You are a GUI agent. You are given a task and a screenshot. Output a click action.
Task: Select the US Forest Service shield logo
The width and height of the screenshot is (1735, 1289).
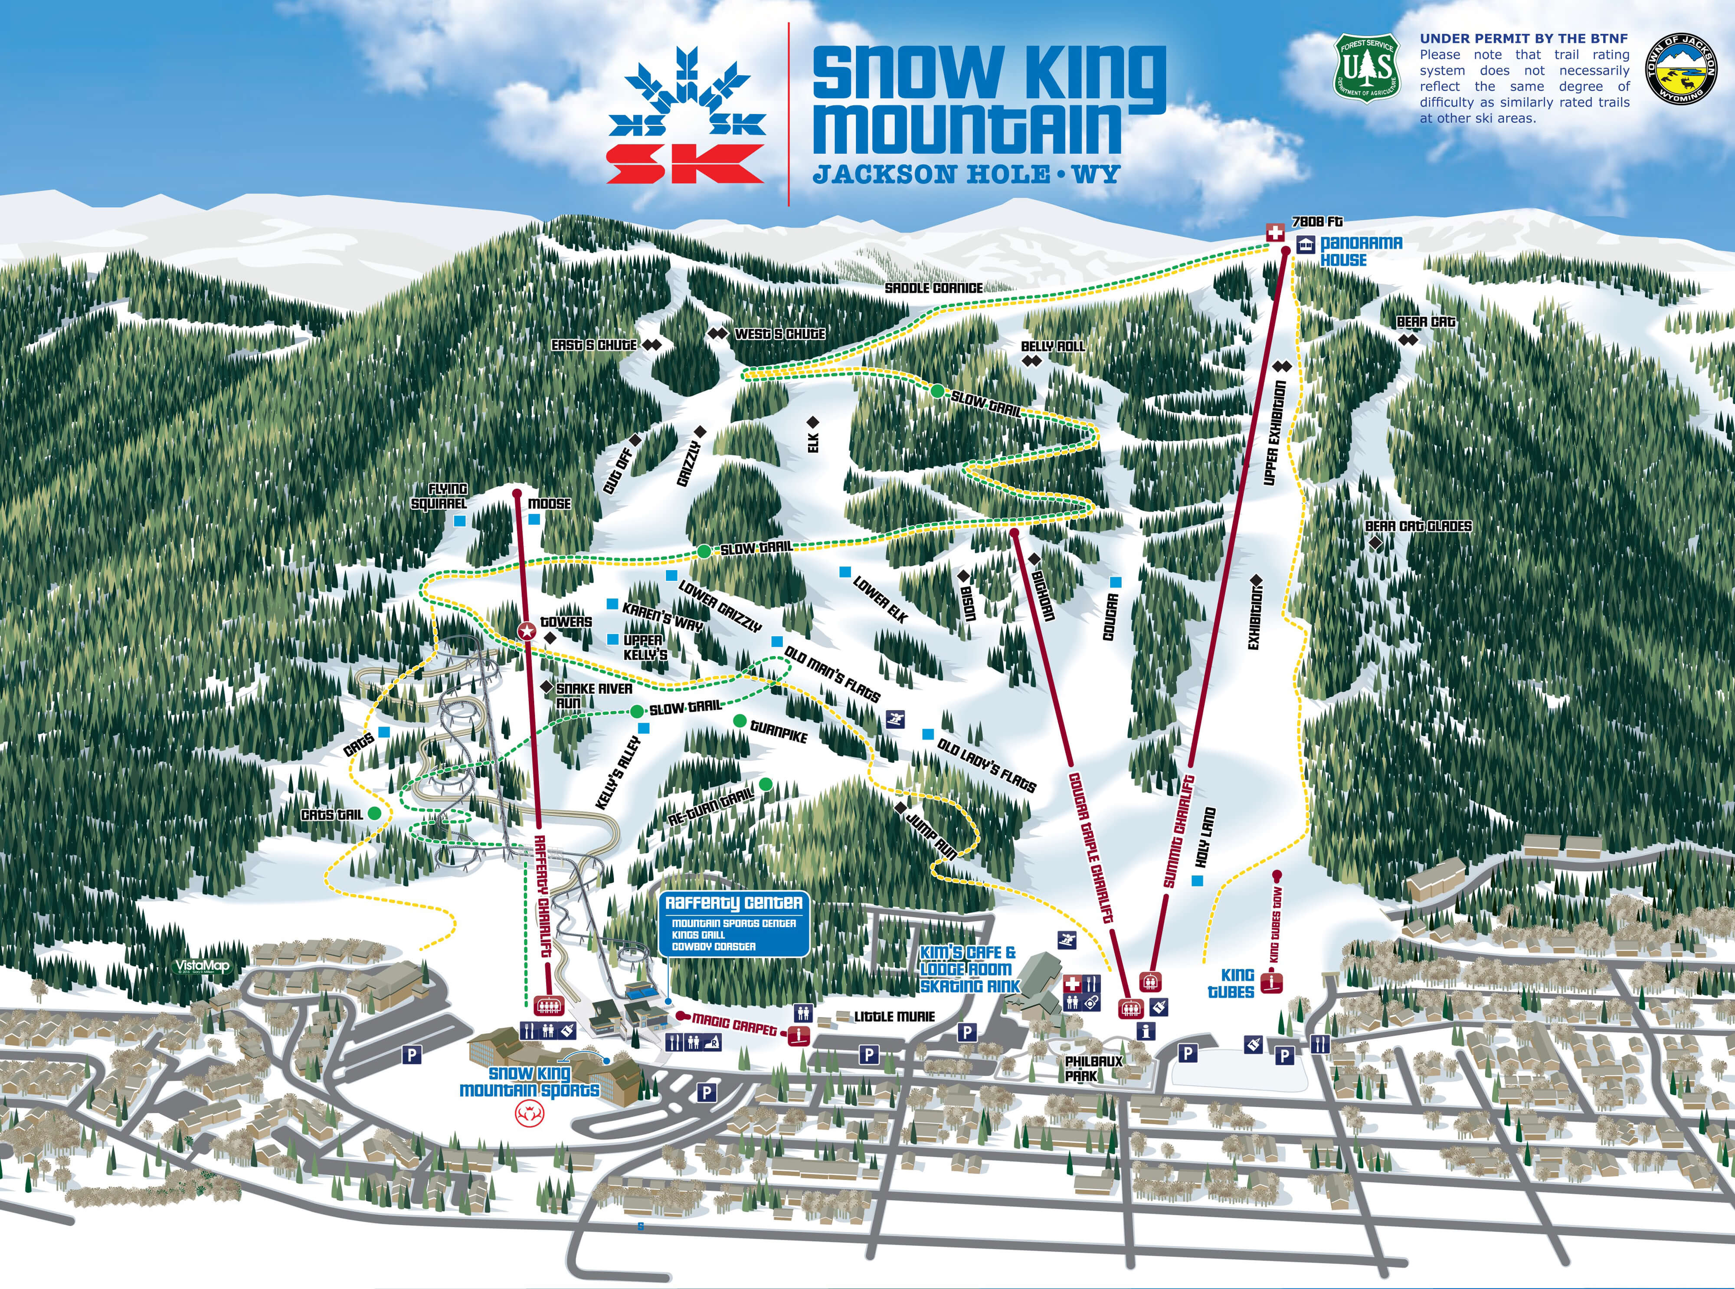pyautogui.click(x=1366, y=67)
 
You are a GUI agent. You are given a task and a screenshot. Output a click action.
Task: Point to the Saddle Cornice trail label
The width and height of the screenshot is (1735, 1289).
pyautogui.click(x=933, y=288)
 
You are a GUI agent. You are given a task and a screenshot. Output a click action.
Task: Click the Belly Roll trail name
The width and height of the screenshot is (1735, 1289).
pyautogui.click(x=1052, y=346)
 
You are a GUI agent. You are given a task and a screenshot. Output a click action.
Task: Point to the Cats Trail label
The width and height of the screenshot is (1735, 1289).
pyautogui.click(x=331, y=815)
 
